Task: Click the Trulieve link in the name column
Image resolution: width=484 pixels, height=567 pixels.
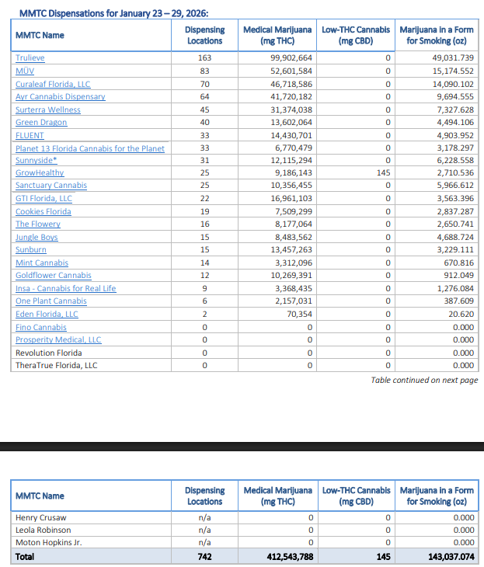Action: click(30, 58)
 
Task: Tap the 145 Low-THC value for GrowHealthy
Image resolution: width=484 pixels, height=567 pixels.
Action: click(383, 173)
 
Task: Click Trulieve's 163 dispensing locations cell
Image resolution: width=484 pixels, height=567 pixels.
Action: click(204, 58)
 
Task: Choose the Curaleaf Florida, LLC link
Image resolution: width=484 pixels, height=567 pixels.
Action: click(53, 84)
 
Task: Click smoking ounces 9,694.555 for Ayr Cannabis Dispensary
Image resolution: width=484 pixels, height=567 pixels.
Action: click(455, 97)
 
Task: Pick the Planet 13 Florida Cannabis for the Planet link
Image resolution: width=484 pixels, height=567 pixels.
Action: click(89, 148)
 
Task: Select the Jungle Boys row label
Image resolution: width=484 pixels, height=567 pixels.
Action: click(37, 237)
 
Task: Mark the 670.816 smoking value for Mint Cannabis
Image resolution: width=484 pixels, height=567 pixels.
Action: click(458, 263)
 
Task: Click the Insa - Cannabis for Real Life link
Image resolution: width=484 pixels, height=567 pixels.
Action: click(65, 288)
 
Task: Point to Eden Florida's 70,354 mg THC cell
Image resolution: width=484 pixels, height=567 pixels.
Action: click(298, 314)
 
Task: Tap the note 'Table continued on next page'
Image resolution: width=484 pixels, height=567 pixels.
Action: click(424, 381)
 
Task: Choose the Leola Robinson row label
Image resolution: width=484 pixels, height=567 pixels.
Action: click(43, 530)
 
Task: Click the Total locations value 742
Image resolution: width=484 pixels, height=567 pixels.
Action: click(204, 556)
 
